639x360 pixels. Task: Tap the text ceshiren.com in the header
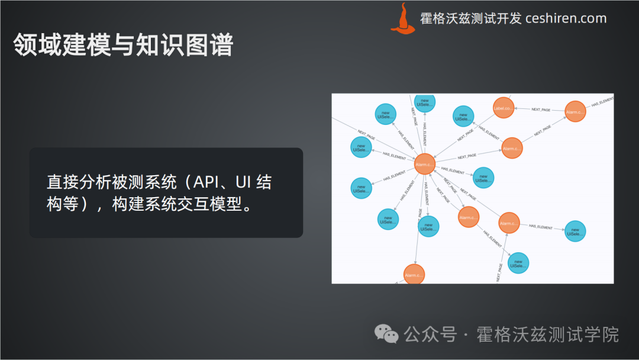[566, 18]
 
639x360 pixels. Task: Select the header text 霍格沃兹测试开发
[470, 18]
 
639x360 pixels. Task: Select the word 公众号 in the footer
[430, 335]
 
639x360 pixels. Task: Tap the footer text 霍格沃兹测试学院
[547, 335]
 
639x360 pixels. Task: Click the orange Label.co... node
[503, 108]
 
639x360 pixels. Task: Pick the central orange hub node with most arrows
[425, 164]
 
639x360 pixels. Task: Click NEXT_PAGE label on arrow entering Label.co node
[541, 110]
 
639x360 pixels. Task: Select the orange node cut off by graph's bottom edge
[414, 274]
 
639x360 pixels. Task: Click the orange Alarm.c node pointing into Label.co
[575, 111]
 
